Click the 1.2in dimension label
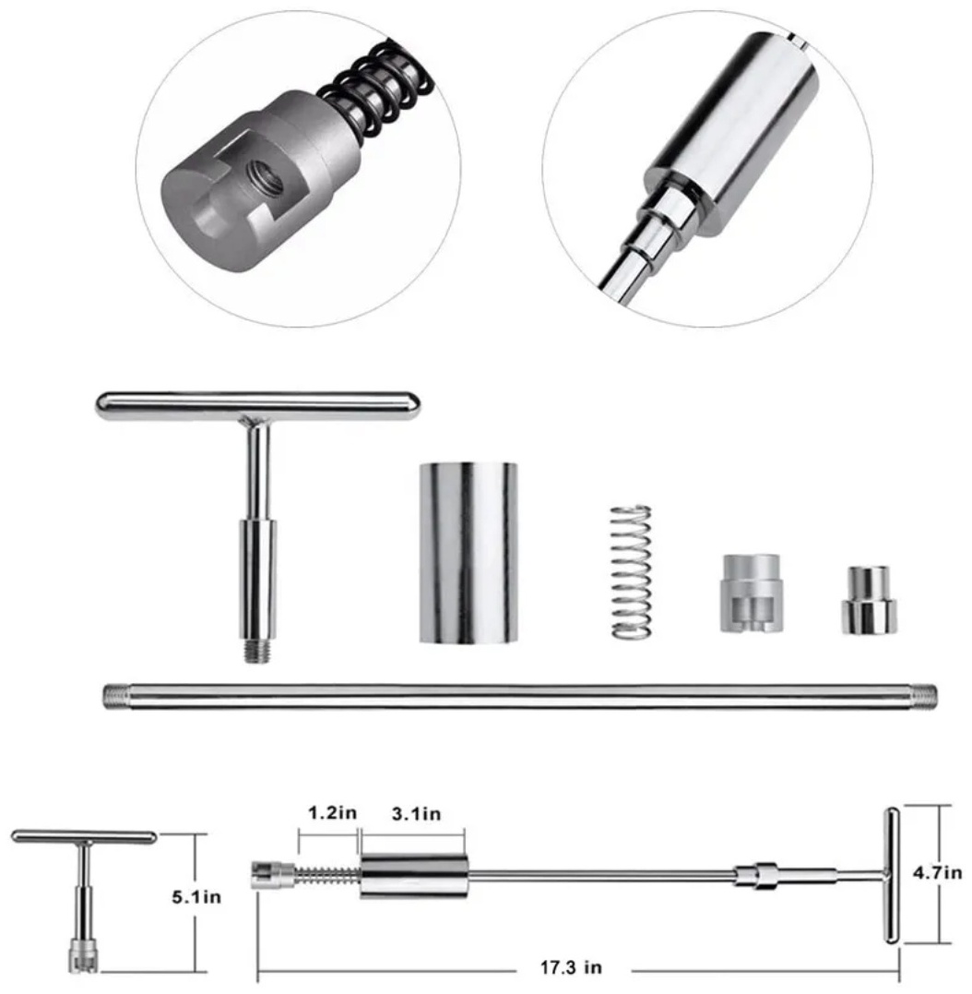pyautogui.click(x=332, y=812)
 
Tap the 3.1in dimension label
pyautogui.click(x=416, y=813)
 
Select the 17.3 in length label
pyautogui.click(x=571, y=967)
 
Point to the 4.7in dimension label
pyautogui.click(x=937, y=872)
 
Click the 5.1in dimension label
pyautogui.click(x=196, y=897)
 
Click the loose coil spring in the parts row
pyautogui.click(x=631, y=571)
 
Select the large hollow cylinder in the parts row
pyautogui.click(x=468, y=553)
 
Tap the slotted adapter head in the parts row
pyautogui.click(x=751, y=593)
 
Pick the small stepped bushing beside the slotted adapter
pyautogui.click(x=870, y=600)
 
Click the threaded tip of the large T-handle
pyautogui.click(x=257, y=651)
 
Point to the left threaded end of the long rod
pyautogui.click(x=116, y=695)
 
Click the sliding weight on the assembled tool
pyautogui.click(x=415, y=876)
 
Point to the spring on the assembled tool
pyautogui.click(x=327, y=876)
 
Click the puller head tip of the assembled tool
pyautogui.click(x=272, y=876)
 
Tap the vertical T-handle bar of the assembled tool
pyautogui.click(x=892, y=876)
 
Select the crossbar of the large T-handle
pyautogui.click(x=257, y=406)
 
